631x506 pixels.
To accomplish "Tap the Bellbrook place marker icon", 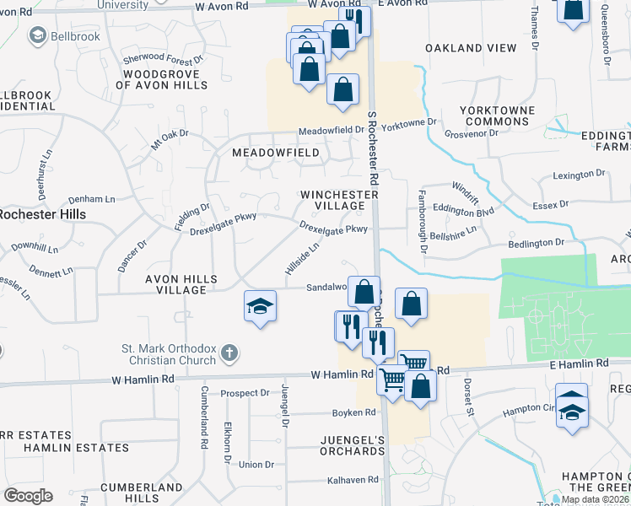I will [x=37, y=35].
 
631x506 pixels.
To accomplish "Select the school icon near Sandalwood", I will [x=260, y=307].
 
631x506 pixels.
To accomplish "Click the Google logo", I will [x=28, y=496].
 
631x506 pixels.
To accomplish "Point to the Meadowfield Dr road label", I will [x=332, y=131].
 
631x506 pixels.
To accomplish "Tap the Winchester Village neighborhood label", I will [x=340, y=200].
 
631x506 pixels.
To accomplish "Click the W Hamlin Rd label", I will [x=342, y=374].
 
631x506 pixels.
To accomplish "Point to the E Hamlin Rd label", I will [x=579, y=363].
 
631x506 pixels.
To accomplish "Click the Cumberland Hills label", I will [x=142, y=493].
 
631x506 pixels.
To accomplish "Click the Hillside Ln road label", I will [x=302, y=259].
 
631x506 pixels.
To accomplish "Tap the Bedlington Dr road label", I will [x=535, y=243].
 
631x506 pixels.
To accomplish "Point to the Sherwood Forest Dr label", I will [x=164, y=60].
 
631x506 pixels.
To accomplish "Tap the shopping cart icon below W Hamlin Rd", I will [x=391, y=381].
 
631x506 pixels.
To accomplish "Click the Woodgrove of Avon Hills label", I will [x=161, y=79].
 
